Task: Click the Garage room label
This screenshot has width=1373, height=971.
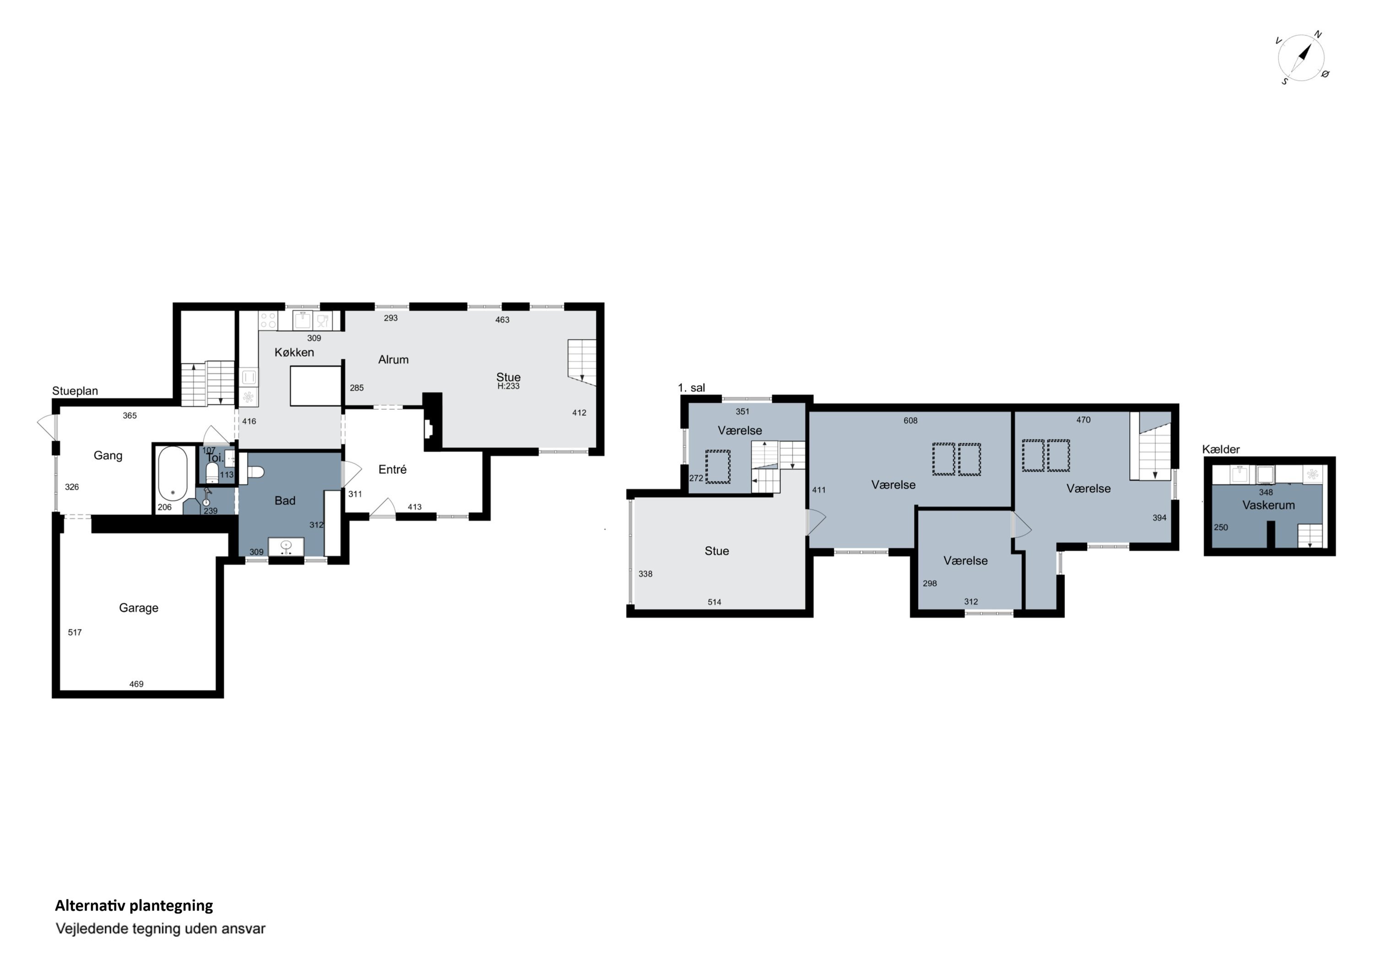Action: [139, 608]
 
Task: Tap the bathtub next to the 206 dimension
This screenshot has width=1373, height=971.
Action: [173, 473]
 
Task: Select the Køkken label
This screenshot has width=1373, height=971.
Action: [294, 353]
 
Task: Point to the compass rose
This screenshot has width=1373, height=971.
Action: [1301, 59]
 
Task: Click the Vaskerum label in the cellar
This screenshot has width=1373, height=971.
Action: [1268, 505]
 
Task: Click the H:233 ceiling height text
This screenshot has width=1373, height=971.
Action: [508, 386]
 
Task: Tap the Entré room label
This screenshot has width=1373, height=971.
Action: [392, 470]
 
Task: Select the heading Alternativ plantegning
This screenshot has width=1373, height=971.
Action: [134, 906]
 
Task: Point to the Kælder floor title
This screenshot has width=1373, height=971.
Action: [1221, 449]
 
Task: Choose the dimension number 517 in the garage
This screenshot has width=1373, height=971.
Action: [75, 632]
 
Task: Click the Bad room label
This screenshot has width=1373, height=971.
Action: [285, 501]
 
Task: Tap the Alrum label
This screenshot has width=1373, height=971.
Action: [394, 359]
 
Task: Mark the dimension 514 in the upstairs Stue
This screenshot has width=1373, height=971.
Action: [714, 602]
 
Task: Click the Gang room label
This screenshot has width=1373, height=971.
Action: [108, 456]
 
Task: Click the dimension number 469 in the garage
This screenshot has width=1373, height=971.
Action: [136, 684]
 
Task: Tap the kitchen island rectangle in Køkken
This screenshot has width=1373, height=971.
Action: [316, 386]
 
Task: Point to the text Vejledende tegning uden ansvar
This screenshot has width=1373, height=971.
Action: [160, 928]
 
